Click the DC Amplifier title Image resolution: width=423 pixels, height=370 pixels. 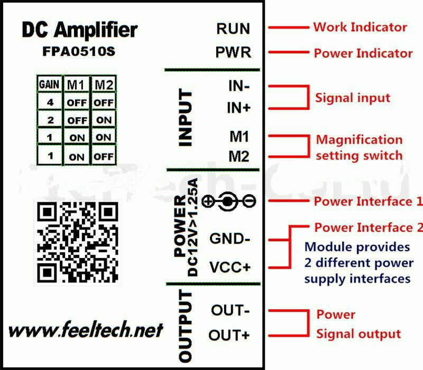[x=79, y=30]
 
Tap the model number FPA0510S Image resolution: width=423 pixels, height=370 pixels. [x=79, y=53]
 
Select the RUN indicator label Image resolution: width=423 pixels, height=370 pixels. [x=233, y=29]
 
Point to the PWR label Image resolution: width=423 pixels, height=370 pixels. [x=233, y=53]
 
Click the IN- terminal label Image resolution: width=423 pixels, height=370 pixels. [x=239, y=86]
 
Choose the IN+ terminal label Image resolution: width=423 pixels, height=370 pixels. [x=239, y=108]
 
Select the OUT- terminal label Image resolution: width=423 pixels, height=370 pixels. [x=230, y=310]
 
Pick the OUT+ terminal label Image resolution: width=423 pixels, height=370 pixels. [x=230, y=335]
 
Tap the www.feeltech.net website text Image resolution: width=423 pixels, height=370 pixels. [x=86, y=330]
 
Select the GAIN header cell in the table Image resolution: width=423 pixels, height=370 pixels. [x=48, y=84]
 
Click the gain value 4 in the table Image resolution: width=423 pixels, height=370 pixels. [x=49, y=102]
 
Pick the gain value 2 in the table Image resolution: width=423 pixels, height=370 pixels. [x=49, y=120]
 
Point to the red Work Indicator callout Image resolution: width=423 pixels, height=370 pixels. [x=360, y=27]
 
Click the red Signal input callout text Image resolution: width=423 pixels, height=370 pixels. [x=353, y=98]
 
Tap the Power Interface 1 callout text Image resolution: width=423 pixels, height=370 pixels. [x=368, y=202]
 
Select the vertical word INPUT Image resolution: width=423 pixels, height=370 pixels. [x=186, y=118]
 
